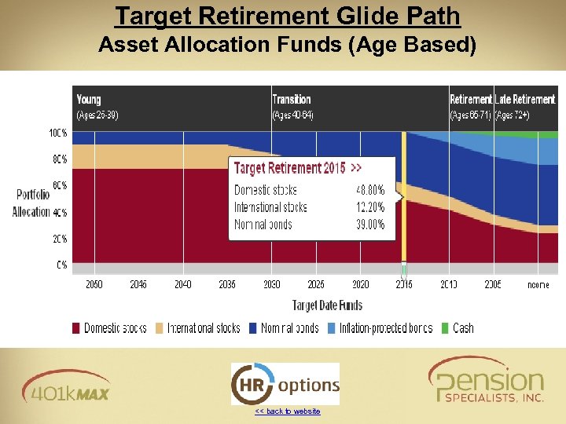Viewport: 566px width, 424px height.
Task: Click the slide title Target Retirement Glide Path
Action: pos(287,16)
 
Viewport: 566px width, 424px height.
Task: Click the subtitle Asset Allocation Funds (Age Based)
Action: pos(287,46)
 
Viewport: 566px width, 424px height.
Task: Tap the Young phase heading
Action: pos(89,99)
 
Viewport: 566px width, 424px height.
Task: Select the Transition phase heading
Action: pos(292,99)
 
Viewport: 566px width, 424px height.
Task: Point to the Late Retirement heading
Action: pos(525,99)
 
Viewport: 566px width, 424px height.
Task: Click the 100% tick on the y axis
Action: pos(57,133)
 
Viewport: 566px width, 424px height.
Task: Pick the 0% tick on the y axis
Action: pos(61,265)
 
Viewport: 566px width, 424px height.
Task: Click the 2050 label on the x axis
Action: pos(94,284)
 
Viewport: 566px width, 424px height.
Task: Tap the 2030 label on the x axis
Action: pos(271,284)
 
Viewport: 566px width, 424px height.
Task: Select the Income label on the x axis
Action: pos(538,284)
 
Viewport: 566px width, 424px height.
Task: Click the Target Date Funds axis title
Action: pos(327,305)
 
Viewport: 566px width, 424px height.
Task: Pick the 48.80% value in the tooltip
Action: pos(370,190)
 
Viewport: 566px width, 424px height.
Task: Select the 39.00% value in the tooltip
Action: pos(370,225)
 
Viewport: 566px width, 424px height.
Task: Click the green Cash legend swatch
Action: pos(446,328)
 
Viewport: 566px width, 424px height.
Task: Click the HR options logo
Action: pos(285,384)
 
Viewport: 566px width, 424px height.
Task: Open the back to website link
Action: pos(288,411)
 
